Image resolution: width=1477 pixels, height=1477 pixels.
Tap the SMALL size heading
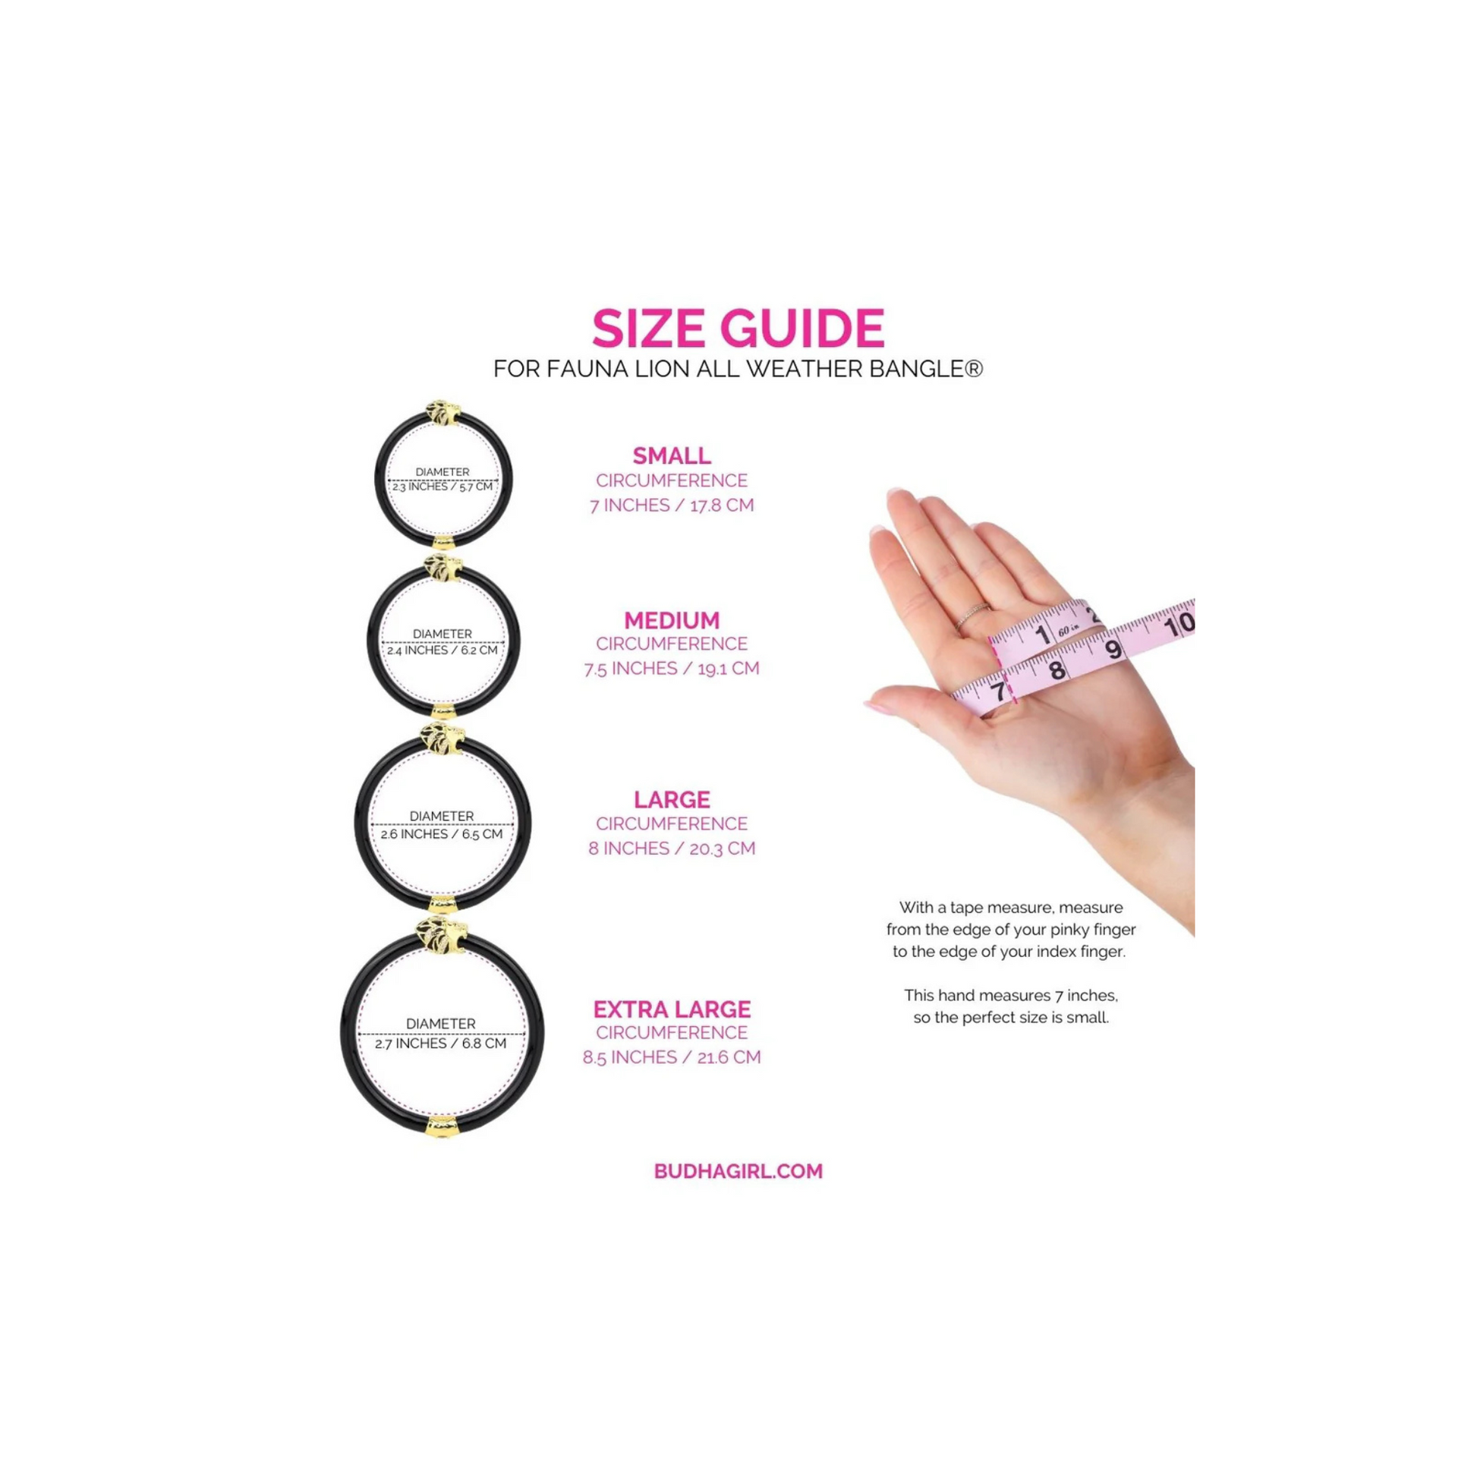(x=671, y=455)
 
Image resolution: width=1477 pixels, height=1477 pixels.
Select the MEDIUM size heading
(x=671, y=620)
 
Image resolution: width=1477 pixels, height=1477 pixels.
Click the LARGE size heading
(x=671, y=800)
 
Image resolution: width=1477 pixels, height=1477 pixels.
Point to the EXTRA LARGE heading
(x=671, y=1009)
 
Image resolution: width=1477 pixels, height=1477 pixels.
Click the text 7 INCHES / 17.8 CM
(x=671, y=505)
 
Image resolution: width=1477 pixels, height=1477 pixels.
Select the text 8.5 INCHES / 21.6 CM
(x=671, y=1057)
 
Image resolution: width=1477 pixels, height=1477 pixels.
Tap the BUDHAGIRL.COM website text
(x=738, y=1171)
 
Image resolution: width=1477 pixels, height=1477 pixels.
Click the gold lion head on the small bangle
(x=443, y=413)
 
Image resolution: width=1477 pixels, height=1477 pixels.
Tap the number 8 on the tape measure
(x=1057, y=670)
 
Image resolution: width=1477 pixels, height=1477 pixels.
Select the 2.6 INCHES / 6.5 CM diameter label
(x=442, y=834)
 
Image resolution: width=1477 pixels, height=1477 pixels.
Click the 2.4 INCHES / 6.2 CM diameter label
(x=442, y=650)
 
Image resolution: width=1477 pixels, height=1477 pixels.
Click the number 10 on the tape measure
(x=1178, y=625)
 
